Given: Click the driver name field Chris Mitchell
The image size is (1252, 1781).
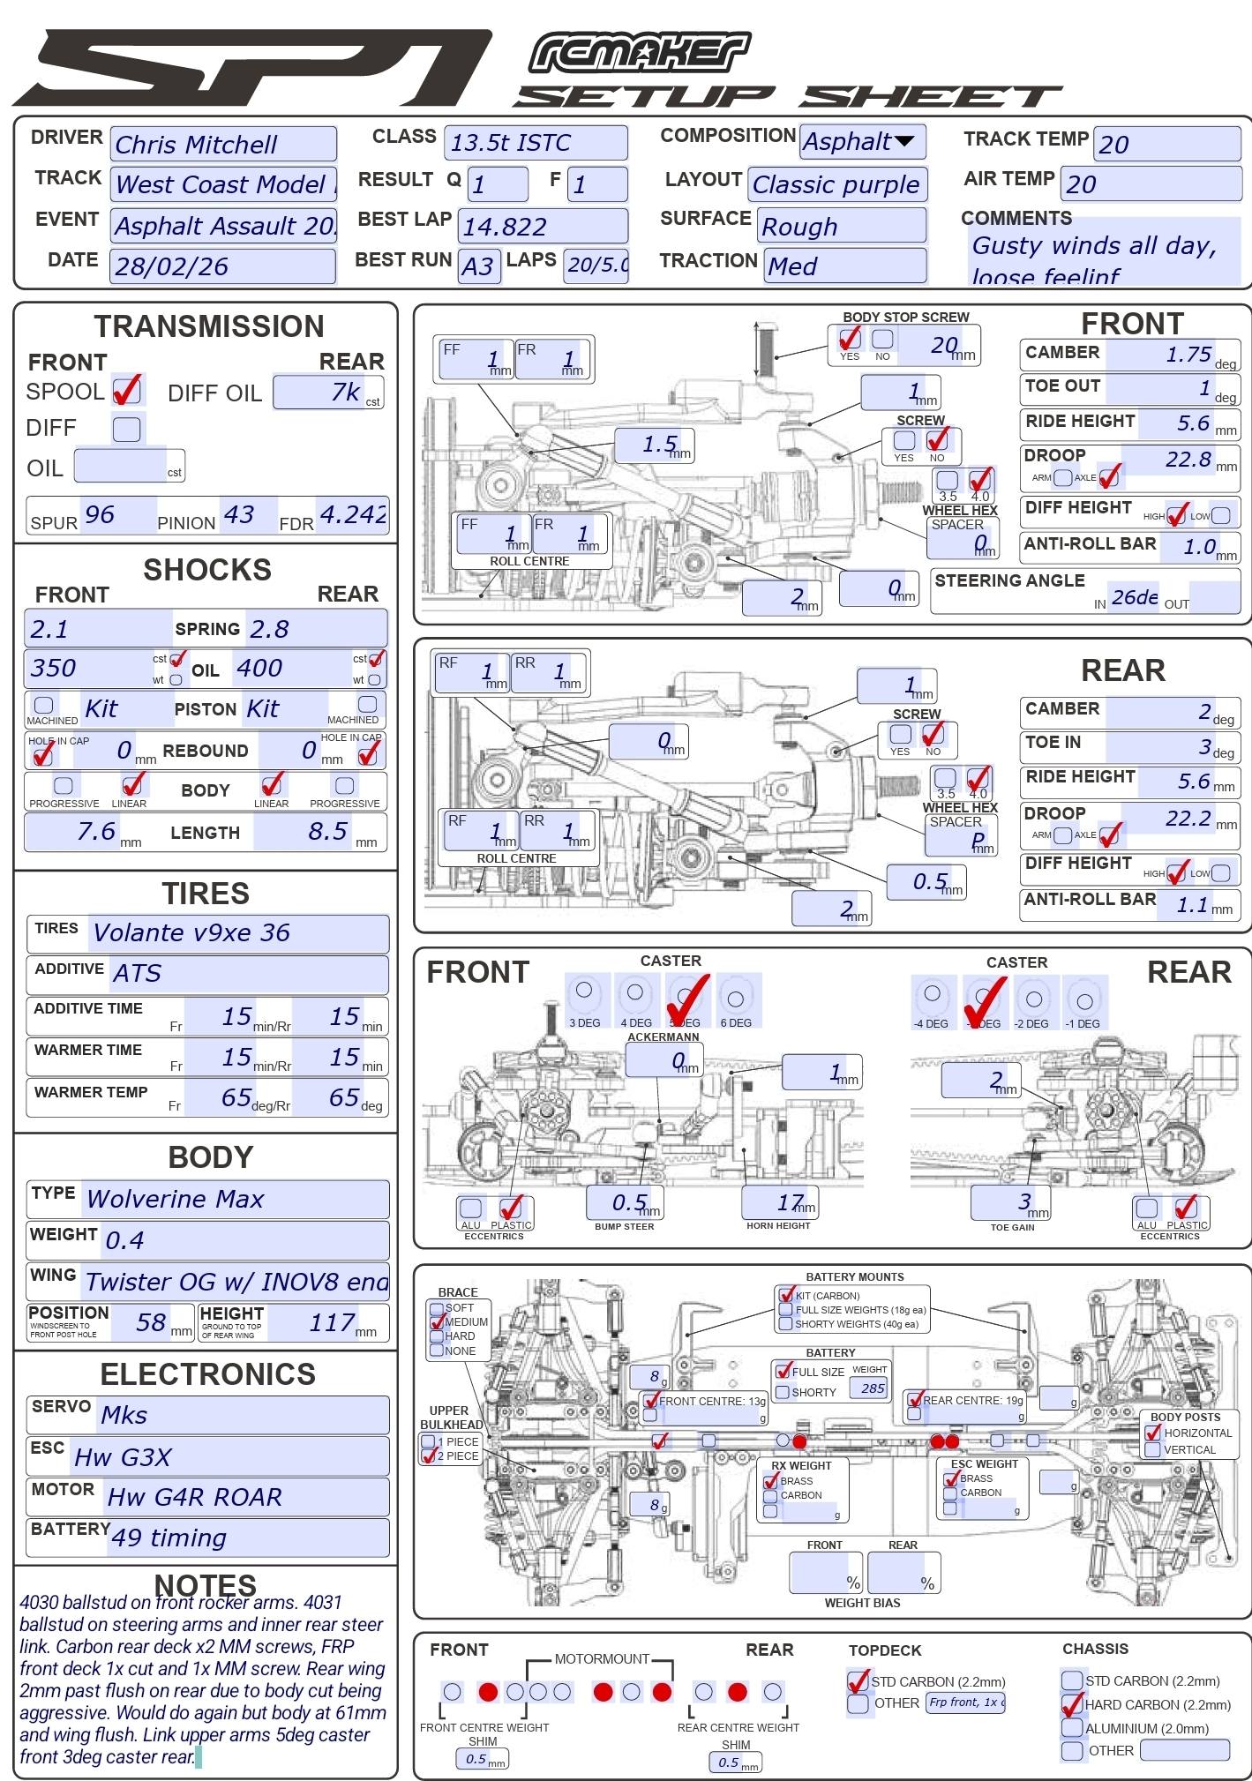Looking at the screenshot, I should (222, 144).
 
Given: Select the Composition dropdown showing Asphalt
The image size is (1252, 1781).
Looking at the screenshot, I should (862, 141).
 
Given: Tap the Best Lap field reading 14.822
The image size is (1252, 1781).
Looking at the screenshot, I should (543, 227).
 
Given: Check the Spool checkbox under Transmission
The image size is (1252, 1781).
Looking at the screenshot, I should (127, 389).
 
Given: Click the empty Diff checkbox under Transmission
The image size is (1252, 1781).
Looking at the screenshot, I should (127, 429).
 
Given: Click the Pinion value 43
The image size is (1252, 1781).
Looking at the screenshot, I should (240, 514).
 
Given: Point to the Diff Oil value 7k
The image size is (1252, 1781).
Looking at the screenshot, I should (328, 393).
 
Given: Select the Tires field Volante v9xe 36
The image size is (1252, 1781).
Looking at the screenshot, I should (238, 933).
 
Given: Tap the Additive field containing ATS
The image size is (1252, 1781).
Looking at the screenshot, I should (249, 974).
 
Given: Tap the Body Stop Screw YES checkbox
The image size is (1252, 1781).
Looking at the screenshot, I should (850, 338).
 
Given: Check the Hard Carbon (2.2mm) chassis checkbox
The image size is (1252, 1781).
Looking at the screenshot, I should (1072, 1704).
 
